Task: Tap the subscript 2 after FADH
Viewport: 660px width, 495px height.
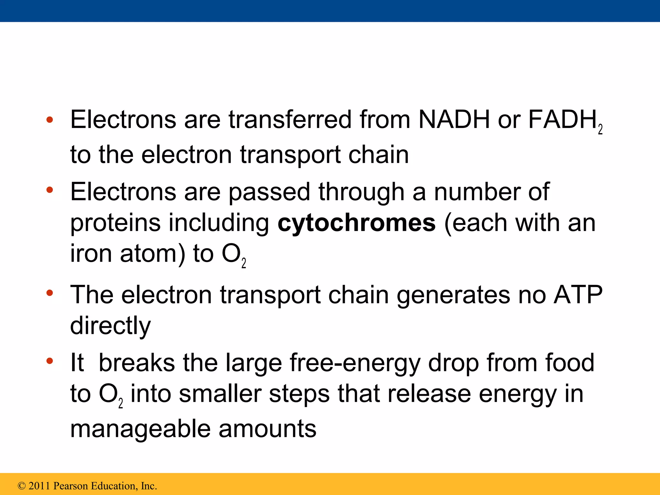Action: point(600,130)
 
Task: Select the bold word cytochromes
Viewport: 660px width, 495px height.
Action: point(356,223)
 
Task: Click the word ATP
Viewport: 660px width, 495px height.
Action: point(577,295)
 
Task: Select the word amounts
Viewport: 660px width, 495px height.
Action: point(267,429)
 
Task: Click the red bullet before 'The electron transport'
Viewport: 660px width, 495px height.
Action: point(49,293)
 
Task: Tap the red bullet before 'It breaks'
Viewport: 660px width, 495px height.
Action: point(49,361)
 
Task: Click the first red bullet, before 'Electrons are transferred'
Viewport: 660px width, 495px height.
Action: point(49,120)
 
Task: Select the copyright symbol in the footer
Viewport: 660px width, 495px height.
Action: point(22,486)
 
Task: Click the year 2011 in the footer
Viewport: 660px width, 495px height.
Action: point(40,486)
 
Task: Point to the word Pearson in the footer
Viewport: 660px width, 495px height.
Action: point(71,486)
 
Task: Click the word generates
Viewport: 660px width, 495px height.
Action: point(453,295)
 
